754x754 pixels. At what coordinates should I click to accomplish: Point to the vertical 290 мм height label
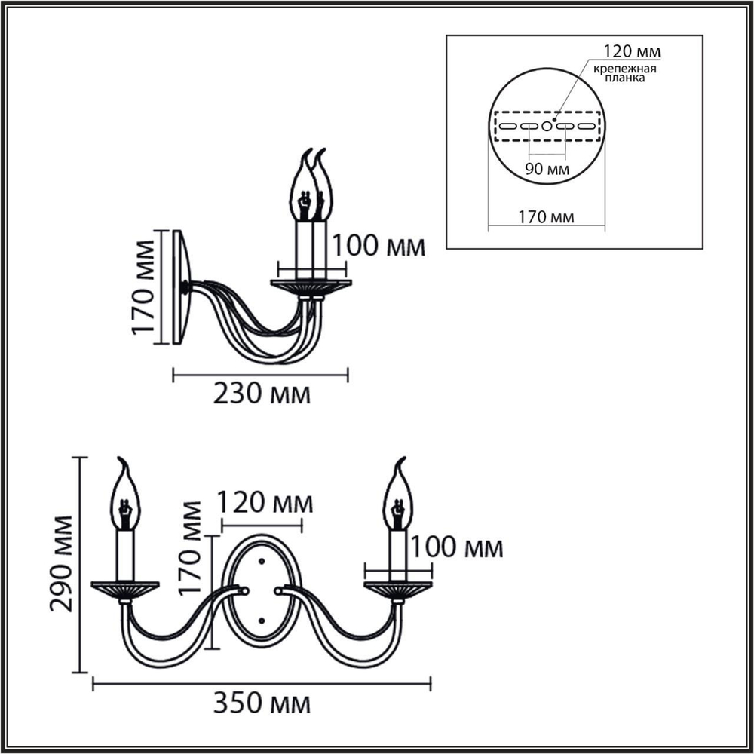click(63, 564)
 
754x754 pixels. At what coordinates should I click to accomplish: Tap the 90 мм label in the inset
click(547, 167)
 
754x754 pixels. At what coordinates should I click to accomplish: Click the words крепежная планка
click(623, 73)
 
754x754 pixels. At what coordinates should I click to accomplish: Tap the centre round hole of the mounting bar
click(547, 126)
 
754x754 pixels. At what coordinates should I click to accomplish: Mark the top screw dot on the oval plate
click(261, 561)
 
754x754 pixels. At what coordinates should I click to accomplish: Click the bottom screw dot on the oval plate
click(261, 620)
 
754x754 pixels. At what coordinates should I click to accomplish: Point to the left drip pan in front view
click(125, 587)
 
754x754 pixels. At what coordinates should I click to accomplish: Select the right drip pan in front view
click(398, 587)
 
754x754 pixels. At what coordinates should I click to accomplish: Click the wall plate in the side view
click(181, 287)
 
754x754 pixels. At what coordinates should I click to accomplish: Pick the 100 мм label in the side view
click(378, 247)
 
